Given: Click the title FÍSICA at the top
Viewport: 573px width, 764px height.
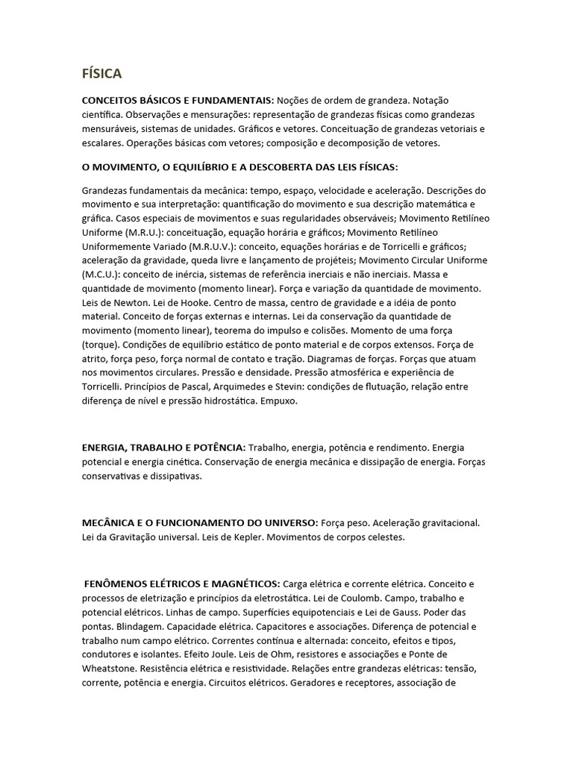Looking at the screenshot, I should pos(101,73).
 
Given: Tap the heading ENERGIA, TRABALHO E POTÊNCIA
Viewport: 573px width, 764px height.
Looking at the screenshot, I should pos(163,447).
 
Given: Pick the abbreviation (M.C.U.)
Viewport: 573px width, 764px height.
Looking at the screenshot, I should pos(101,273).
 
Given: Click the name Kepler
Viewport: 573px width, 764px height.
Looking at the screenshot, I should pos(244,536).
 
